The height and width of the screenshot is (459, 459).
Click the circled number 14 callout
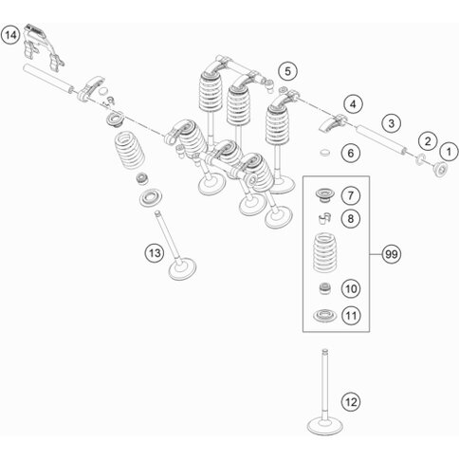[10, 35]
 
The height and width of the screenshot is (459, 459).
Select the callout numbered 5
[287, 71]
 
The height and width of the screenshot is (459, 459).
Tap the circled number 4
[353, 104]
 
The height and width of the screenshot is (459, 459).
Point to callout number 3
[392, 123]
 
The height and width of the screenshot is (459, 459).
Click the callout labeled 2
[428, 141]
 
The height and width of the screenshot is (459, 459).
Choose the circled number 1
[449, 152]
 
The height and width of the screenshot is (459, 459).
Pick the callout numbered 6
[351, 154]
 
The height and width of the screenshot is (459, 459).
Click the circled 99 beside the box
[392, 254]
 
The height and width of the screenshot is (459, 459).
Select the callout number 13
[155, 253]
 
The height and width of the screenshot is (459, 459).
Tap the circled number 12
[351, 402]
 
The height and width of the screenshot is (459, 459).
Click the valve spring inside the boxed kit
[324, 253]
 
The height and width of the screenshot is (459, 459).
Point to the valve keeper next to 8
[324, 218]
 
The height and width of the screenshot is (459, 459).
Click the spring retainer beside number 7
[324, 194]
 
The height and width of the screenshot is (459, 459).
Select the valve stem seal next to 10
[325, 288]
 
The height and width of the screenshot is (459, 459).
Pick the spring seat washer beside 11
[324, 316]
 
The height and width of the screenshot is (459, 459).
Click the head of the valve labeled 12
[325, 426]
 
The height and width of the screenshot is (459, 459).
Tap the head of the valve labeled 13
[182, 269]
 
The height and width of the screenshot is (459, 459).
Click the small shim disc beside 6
[324, 153]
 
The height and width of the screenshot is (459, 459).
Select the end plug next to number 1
[440, 169]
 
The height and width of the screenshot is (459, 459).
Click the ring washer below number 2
[420, 159]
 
